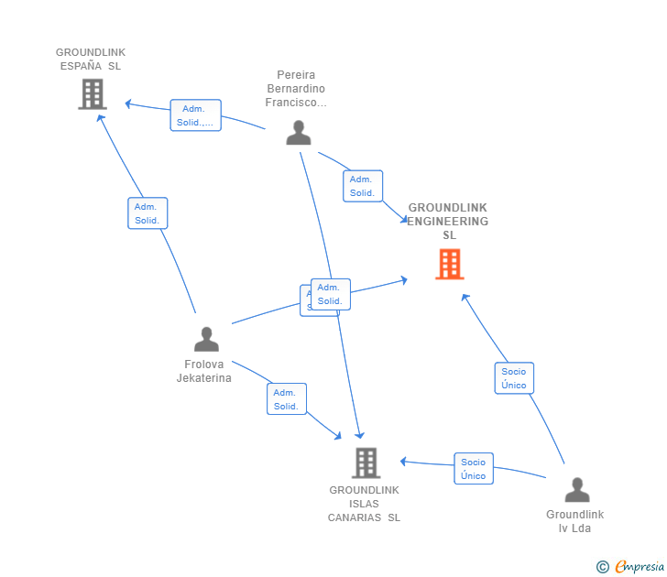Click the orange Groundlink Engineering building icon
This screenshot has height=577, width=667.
(449, 265)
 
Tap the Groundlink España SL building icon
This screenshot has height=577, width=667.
(92, 93)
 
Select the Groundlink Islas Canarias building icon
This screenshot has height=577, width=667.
(366, 463)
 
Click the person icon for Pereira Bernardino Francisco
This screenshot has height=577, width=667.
(299, 134)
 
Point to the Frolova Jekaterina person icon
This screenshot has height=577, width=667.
(206, 340)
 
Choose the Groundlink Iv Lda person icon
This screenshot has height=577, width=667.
(576, 491)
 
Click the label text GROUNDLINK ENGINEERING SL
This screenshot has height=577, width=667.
(448, 222)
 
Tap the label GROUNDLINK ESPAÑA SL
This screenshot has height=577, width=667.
(91, 60)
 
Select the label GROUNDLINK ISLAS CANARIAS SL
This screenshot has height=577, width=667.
(365, 504)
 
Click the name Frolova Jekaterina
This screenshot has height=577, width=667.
(204, 371)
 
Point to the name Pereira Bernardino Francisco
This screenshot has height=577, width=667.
(296, 89)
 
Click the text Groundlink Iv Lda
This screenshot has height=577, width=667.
(575, 521)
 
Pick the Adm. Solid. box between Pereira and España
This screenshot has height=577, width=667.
(195, 115)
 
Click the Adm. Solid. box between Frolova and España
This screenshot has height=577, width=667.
(148, 213)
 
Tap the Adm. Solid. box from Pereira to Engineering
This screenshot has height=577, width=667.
(362, 186)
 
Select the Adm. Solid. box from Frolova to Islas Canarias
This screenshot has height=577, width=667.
(286, 399)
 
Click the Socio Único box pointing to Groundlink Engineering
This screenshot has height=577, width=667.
(514, 378)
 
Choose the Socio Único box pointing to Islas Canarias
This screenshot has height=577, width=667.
(474, 469)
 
